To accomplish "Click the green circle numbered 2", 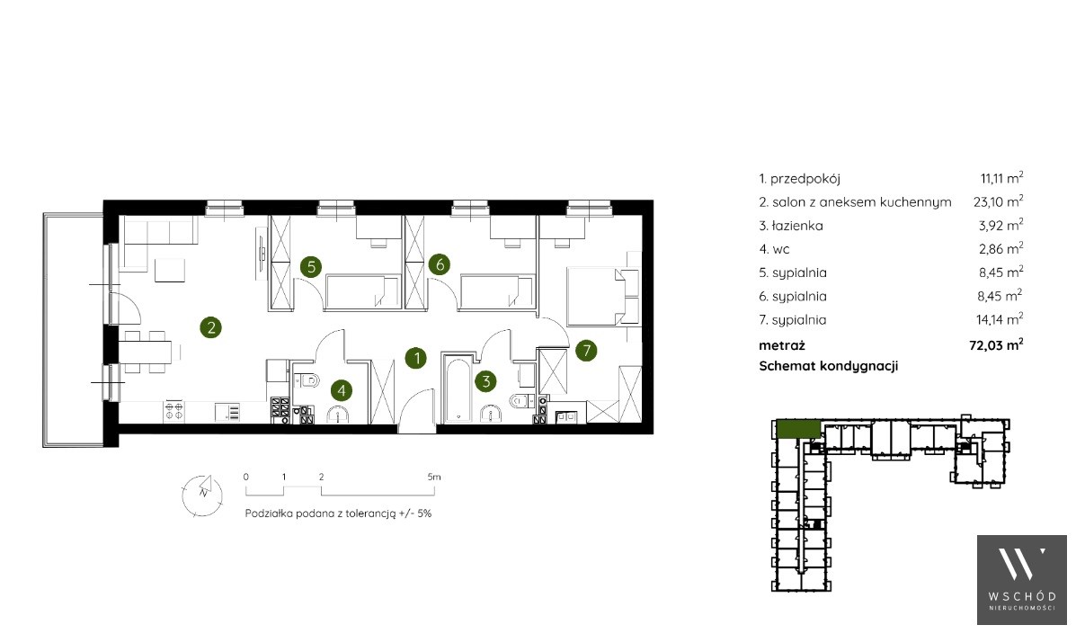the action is [210, 327].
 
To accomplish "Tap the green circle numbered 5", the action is [311, 266].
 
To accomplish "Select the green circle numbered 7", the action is [586, 351].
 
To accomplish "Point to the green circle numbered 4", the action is [341, 390].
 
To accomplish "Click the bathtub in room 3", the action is [457, 388].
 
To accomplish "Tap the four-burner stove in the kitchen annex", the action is [173, 411].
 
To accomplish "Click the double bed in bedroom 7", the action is [602, 296].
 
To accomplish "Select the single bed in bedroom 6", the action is [498, 291].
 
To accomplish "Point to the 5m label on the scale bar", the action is [433, 477].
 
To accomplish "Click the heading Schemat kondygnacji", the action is [828, 366].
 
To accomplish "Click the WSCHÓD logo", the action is [1022, 580].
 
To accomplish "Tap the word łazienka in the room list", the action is [797, 226].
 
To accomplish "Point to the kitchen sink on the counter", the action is [227, 411].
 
